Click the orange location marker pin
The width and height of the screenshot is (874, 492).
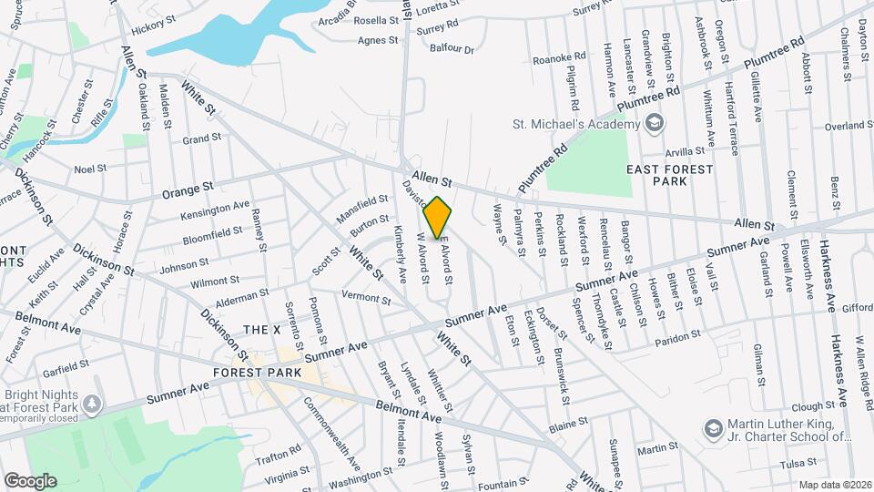pyautogui.click(x=438, y=218)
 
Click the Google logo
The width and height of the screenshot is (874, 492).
pyautogui.click(x=30, y=480)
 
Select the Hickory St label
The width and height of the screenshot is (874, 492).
pyautogui.click(x=151, y=29)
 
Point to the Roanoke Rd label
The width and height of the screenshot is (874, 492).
pyautogui.click(x=559, y=57)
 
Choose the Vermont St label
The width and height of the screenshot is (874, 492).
pyautogui.click(x=365, y=296)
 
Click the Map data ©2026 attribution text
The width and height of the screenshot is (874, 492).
pyautogui.click(x=835, y=485)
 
